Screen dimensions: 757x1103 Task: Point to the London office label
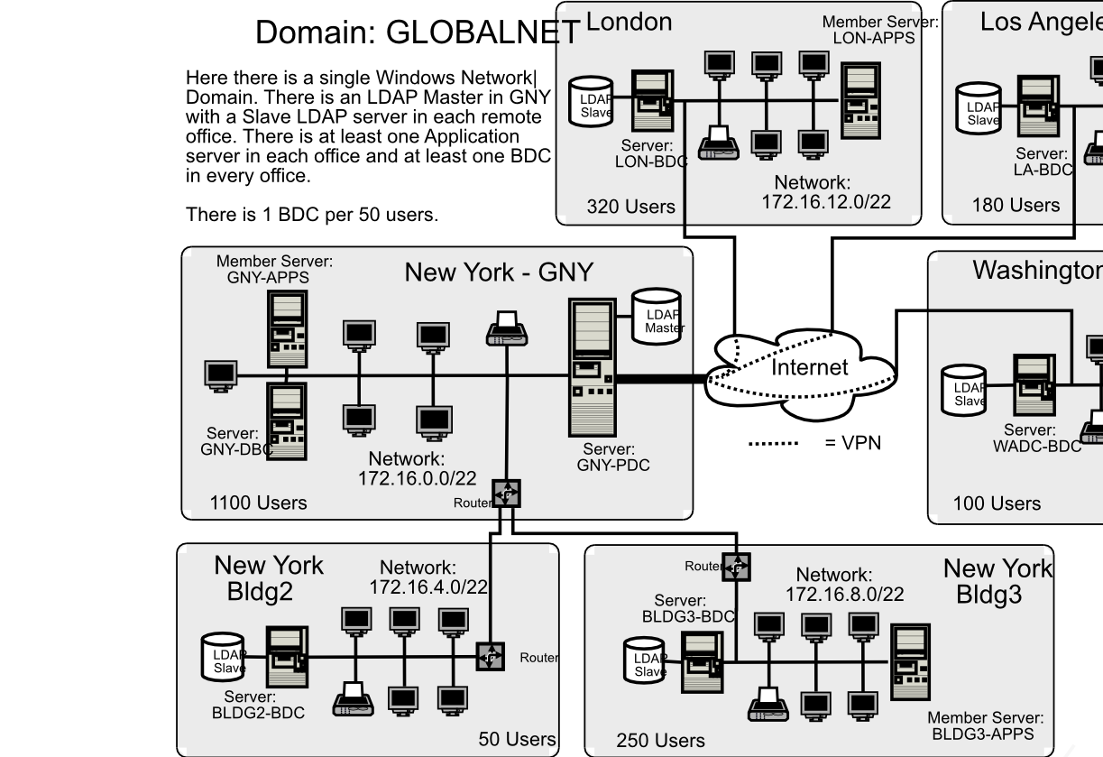(x=629, y=22)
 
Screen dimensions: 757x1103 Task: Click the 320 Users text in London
(x=630, y=207)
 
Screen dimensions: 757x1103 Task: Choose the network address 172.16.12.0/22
(x=825, y=201)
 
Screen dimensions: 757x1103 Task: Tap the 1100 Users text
(x=258, y=503)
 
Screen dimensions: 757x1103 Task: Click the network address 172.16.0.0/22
(x=417, y=478)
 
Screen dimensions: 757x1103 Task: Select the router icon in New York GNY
(x=506, y=494)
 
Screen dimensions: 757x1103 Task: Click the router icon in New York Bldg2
(x=490, y=656)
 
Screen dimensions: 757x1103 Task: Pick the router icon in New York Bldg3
(x=736, y=567)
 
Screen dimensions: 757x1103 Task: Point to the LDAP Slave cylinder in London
(x=592, y=106)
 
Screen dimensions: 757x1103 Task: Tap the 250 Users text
(x=660, y=741)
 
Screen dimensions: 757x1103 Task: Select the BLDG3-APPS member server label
(x=985, y=726)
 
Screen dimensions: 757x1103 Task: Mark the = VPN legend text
(x=852, y=443)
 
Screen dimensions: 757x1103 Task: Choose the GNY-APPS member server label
(x=273, y=270)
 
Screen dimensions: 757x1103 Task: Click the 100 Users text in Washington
(x=997, y=503)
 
